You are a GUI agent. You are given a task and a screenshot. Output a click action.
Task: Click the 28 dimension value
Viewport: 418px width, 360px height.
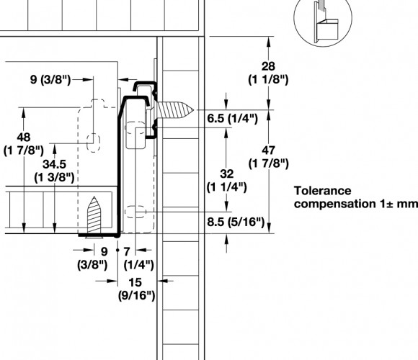268,66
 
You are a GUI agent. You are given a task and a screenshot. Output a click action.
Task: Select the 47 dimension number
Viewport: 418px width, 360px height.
268,150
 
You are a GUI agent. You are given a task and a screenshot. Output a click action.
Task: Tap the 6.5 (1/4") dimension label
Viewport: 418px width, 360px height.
233,119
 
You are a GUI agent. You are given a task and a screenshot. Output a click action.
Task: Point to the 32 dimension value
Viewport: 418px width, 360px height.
227,174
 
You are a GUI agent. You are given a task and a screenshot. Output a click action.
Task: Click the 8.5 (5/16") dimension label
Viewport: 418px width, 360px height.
236,222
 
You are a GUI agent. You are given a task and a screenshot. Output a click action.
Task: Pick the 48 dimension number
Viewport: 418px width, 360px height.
24,138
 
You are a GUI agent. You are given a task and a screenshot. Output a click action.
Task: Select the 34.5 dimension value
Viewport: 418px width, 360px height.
54,164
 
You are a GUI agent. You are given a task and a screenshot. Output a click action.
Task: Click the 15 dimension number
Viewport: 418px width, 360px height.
135,282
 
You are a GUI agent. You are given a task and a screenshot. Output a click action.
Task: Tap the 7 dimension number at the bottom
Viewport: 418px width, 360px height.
127,251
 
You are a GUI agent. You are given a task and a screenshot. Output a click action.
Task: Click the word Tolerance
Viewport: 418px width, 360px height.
323,191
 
